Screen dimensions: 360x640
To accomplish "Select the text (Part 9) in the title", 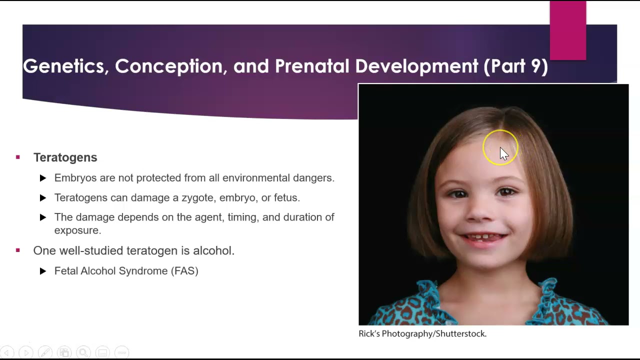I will [515, 66].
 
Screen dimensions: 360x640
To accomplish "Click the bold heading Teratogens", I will [65, 157].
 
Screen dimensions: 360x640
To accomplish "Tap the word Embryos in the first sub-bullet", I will [75, 178].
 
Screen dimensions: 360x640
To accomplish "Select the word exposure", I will [77, 230].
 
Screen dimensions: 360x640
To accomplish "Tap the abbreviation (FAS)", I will [184, 271].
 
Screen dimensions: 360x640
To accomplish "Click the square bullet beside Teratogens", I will [18, 157].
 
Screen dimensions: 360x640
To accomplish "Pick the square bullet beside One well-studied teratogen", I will [18, 250].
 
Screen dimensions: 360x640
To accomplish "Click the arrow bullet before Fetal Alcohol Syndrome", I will [43, 271].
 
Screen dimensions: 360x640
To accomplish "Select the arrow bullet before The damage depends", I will [43, 217].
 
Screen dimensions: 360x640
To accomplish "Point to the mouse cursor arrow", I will [503, 153].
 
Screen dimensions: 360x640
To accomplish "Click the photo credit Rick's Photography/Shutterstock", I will [422, 333].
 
